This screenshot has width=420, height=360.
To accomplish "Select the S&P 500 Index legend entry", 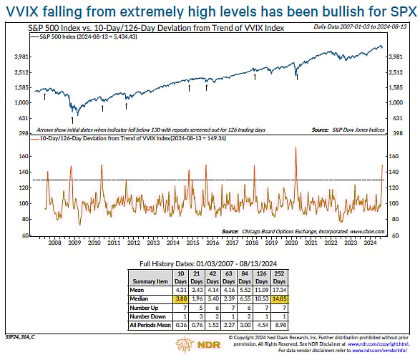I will pyautogui.click(x=79, y=36).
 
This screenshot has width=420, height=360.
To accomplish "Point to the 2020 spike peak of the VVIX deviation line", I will pyautogui.click(x=295, y=147).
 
